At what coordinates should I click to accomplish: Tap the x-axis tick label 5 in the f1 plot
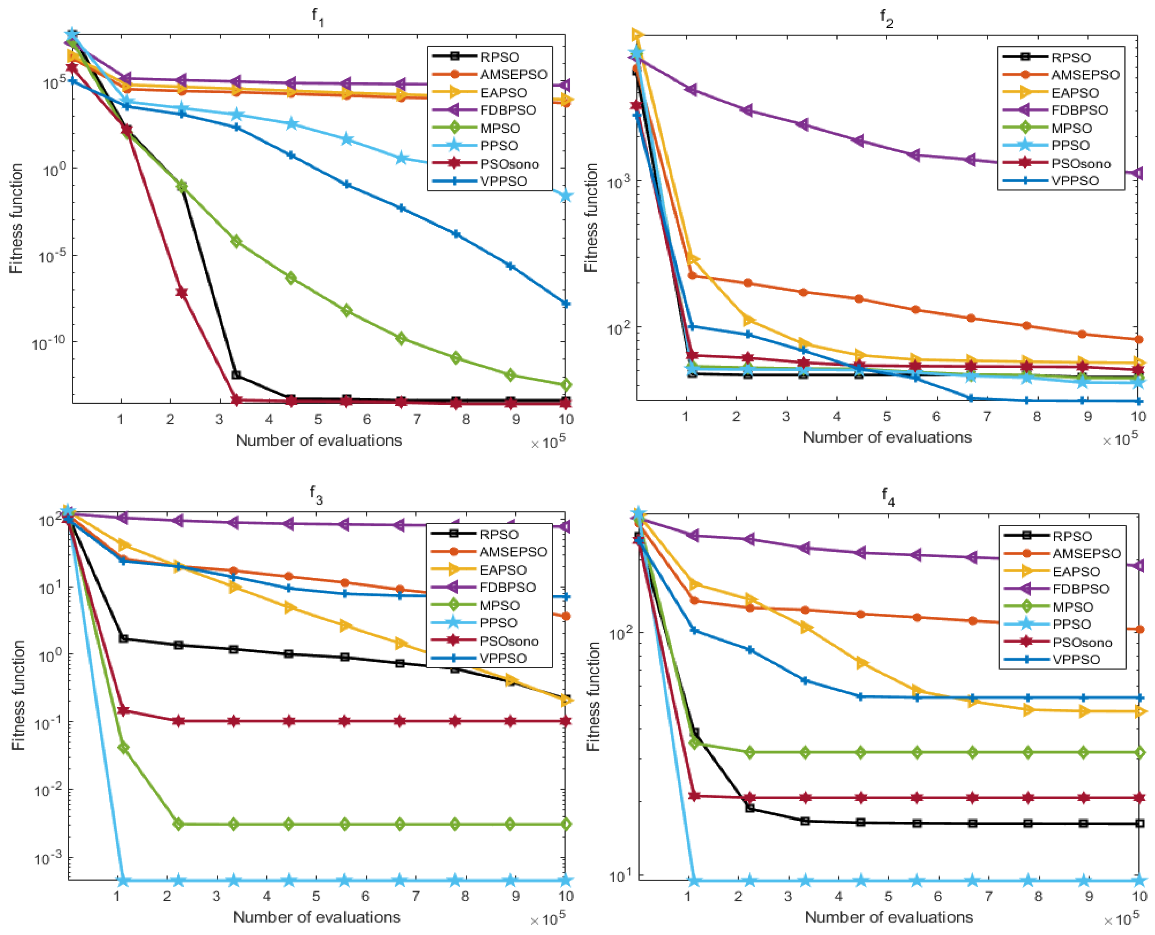[x=318, y=419]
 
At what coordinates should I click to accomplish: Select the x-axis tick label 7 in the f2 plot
[x=987, y=416]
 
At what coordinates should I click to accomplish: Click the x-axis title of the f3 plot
[x=317, y=917]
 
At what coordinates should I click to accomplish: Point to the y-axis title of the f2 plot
[x=591, y=218]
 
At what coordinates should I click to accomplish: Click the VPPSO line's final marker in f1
[x=565, y=304]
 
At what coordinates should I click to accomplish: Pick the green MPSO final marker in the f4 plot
[x=1140, y=752]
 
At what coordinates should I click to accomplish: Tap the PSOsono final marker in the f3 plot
[x=565, y=721]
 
